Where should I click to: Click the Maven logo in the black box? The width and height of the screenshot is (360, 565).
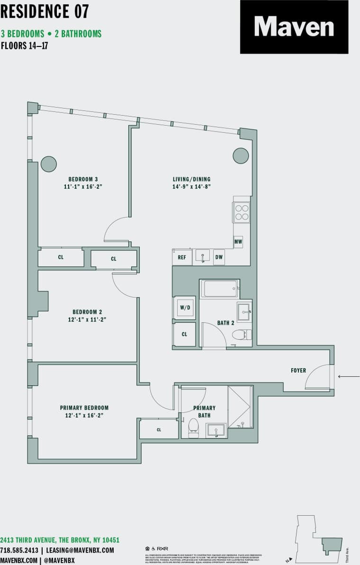coord(294,27)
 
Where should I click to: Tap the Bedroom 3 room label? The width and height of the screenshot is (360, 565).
coord(83,179)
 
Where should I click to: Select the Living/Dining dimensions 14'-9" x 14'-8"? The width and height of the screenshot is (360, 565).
coord(191,187)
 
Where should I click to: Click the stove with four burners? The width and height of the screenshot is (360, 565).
coord(241,212)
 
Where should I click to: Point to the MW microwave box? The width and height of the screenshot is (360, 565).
coord(238,242)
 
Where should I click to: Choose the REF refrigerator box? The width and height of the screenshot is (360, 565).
coord(182,257)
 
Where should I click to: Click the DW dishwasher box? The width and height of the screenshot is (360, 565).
coord(219,257)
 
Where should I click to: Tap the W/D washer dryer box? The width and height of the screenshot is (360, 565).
coord(184,307)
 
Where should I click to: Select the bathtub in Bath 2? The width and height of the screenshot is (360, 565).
coord(219,289)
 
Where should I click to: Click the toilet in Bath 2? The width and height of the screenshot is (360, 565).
coord(240,335)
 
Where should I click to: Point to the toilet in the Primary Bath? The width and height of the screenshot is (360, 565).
coord(193,425)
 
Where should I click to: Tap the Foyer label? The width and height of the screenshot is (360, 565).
coord(298,370)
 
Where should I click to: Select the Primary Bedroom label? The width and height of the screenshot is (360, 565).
coord(84,408)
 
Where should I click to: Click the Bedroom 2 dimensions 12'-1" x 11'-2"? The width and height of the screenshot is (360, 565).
coord(87,319)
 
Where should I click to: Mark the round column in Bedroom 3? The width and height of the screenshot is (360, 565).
coord(49,164)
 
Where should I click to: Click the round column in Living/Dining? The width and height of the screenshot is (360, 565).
coord(241,155)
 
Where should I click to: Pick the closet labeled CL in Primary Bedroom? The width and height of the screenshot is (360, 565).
coord(159,429)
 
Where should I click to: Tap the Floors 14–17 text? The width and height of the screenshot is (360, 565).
coord(25,46)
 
